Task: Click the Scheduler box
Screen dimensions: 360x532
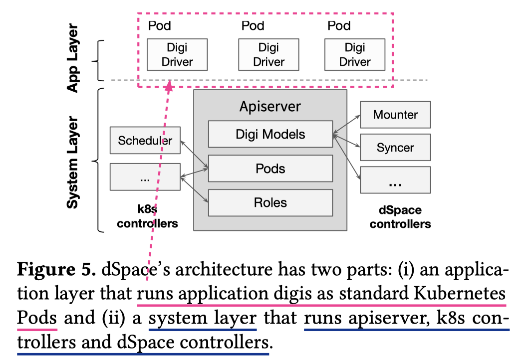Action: click(145, 141)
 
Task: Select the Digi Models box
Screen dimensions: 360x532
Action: click(270, 134)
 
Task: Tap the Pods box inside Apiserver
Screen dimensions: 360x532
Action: click(270, 168)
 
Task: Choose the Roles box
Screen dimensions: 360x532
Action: click(270, 202)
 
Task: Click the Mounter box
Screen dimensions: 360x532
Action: click(395, 115)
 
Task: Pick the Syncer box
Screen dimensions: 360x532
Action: click(395, 148)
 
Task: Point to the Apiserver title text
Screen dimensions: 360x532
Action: click(270, 106)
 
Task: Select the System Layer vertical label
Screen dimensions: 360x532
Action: click(73, 162)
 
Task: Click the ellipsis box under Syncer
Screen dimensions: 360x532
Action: click(395, 180)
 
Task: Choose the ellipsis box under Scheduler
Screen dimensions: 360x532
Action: click(145, 177)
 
